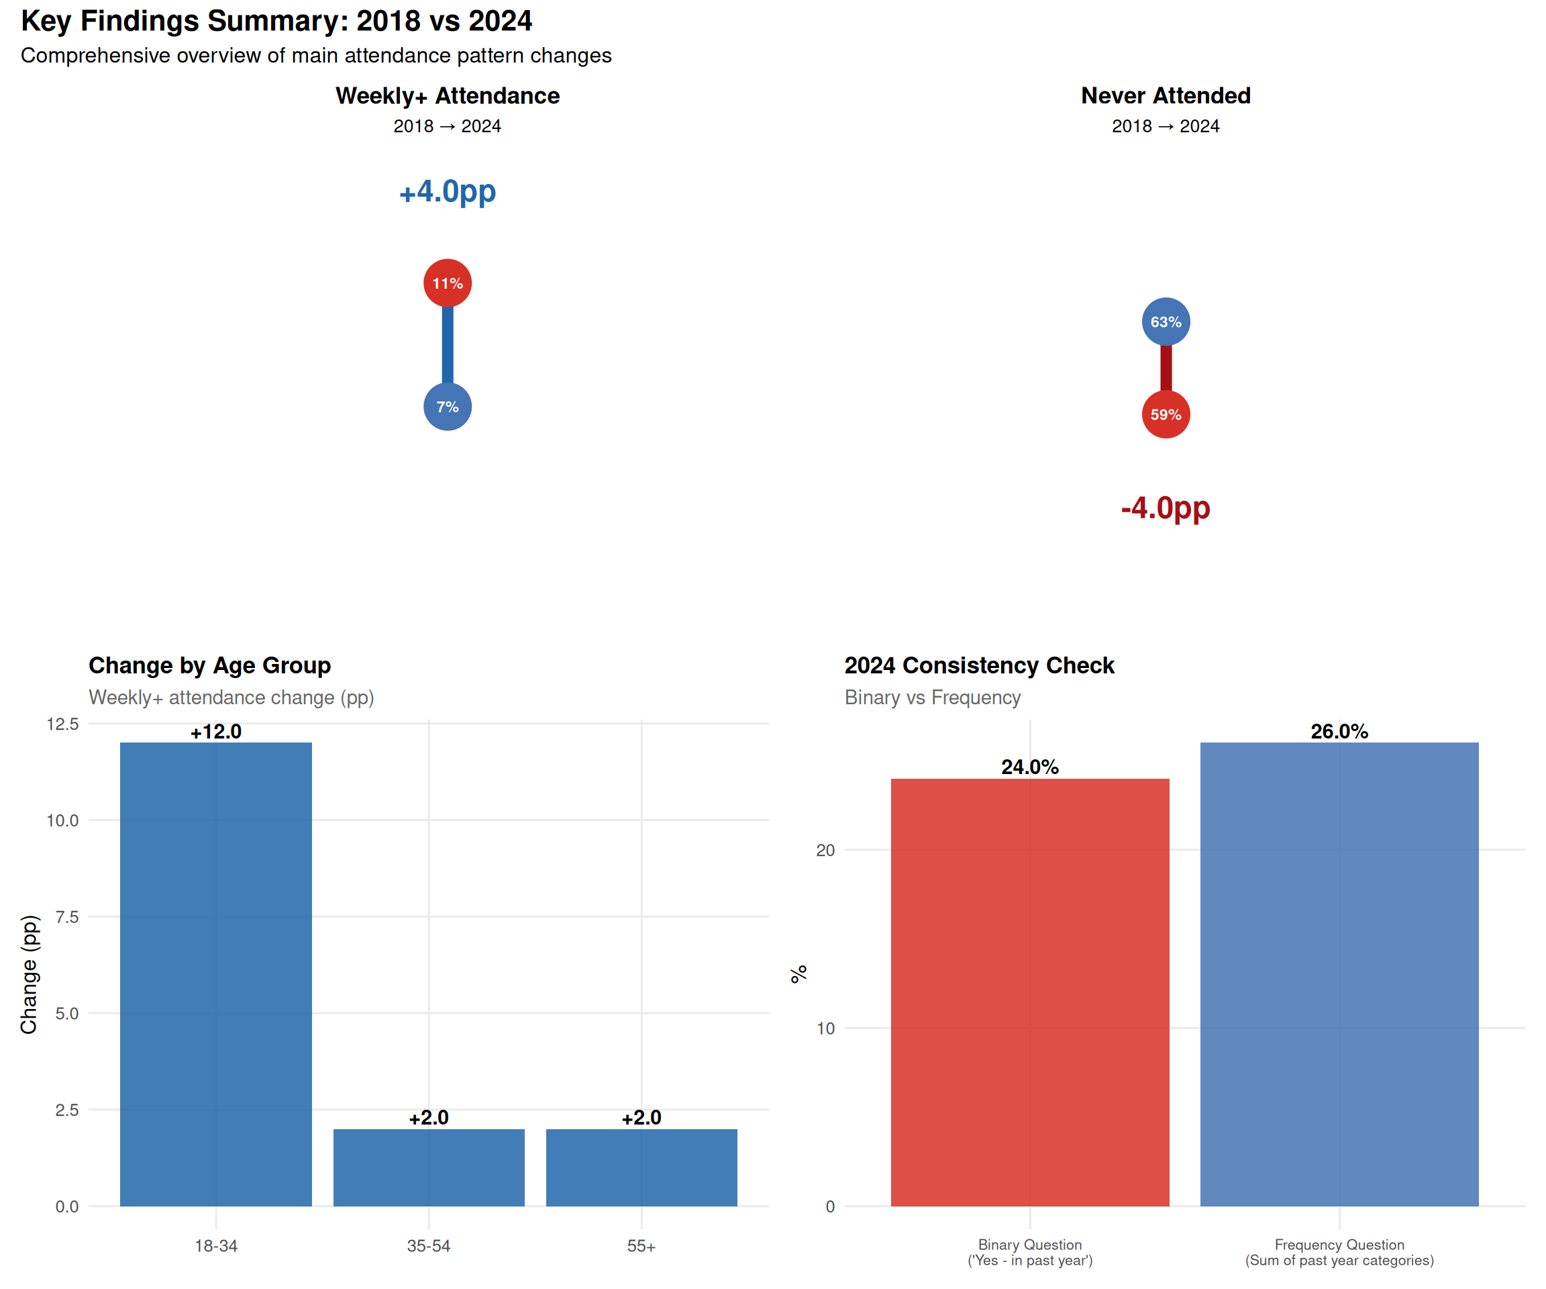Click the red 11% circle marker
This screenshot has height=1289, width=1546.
coord(448,283)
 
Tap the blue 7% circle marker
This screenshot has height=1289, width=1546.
coord(448,407)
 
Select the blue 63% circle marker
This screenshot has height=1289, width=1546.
coord(1166,322)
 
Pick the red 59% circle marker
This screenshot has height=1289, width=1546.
coord(1166,415)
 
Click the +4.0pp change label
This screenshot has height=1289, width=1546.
coord(448,191)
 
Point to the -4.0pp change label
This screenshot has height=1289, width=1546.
coord(1166,508)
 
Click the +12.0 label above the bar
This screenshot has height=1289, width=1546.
coord(215,731)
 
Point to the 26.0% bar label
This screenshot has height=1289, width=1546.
coord(1339,731)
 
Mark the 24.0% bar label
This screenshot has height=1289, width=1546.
coord(1030,767)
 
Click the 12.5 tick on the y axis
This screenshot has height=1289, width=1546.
coord(62,724)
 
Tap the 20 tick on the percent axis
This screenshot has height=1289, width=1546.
coord(825,850)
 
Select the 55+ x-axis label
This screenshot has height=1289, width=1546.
coord(641,1245)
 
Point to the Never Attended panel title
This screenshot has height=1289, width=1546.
coord(1166,96)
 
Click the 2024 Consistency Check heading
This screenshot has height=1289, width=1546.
coord(979,665)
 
